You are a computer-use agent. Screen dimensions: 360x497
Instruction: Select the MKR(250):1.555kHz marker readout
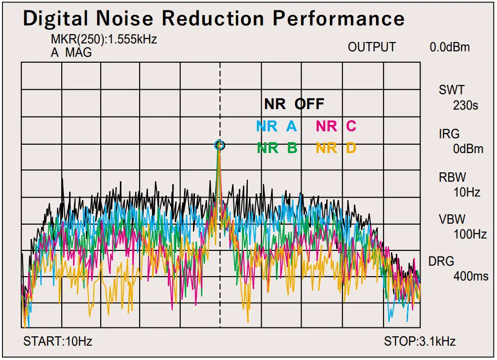pyautogui.click(x=104, y=40)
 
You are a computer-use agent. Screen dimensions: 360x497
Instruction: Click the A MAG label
pyautogui.click(x=71, y=52)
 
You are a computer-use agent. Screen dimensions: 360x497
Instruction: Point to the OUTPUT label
pyautogui.click(x=372, y=47)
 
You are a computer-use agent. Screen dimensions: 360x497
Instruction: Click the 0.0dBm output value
pyautogui.click(x=450, y=47)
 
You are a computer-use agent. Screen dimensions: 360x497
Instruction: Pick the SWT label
pyautogui.click(x=451, y=90)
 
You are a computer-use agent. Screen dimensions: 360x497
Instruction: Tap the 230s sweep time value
pyautogui.click(x=465, y=105)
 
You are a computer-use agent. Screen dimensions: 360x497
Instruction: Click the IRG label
pyautogui.click(x=449, y=133)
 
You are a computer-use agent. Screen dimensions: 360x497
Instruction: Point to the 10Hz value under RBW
pyautogui.click(x=466, y=192)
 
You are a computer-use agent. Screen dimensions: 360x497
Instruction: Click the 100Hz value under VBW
pyautogui.click(x=470, y=235)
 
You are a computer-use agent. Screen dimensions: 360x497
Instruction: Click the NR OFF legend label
pyautogui.click(x=294, y=104)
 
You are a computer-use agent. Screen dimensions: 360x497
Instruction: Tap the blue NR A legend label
pyautogui.click(x=276, y=126)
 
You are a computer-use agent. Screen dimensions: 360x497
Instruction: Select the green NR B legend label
pyautogui.click(x=277, y=148)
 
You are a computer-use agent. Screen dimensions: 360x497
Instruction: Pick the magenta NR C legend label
pyautogui.click(x=336, y=126)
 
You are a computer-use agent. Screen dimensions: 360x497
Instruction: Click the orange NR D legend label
pyautogui.click(x=336, y=148)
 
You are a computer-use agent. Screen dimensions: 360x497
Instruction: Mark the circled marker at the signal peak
pyautogui.click(x=220, y=145)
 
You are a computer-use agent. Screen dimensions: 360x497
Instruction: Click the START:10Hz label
pyautogui.click(x=58, y=341)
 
